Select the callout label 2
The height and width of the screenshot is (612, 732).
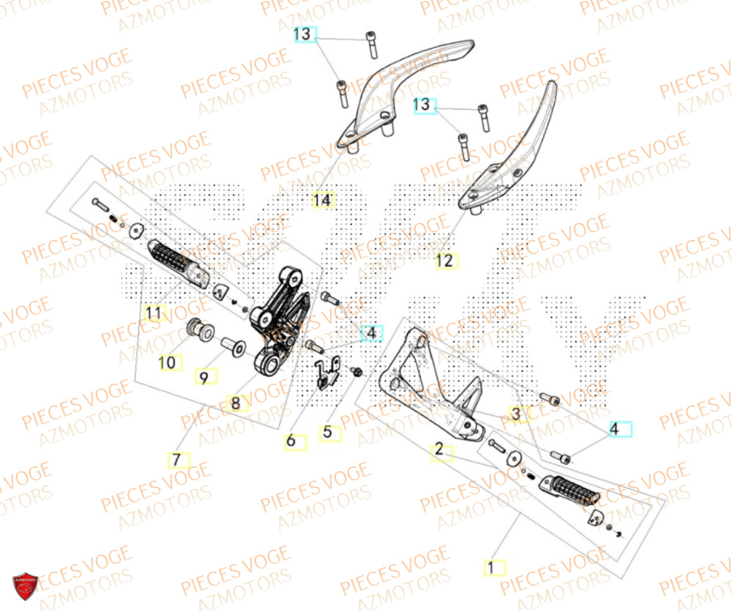[438, 449]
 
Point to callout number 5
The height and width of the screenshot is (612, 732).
[327, 432]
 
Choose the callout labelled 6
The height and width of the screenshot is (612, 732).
[291, 441]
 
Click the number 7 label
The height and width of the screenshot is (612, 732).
[176, 460]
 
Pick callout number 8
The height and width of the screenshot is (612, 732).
[235, 403]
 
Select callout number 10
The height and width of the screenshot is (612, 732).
[168, 362]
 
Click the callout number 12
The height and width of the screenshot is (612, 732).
[444, 260]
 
